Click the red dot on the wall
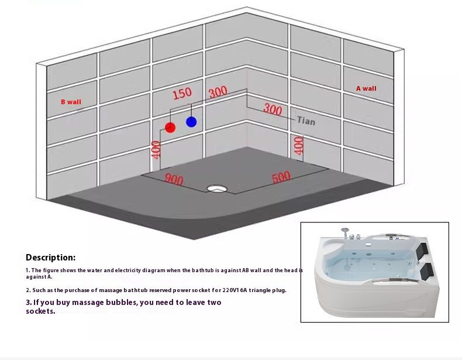point(170,128)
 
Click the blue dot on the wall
point(191,122)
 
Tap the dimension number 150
point(182,94)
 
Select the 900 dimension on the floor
point(174,179)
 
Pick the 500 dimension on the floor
point(281,177)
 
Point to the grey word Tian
point(306,121)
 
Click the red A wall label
point(366,88)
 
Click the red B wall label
point(71,102)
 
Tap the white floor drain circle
point(217,188)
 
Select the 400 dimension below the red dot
point(156,150)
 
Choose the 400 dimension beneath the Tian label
point(299,146)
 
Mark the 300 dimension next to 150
point(218,92)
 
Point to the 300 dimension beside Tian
point(273,109)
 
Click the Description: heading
point(51,258)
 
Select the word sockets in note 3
point(41,311)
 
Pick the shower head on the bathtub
point(344,229)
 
